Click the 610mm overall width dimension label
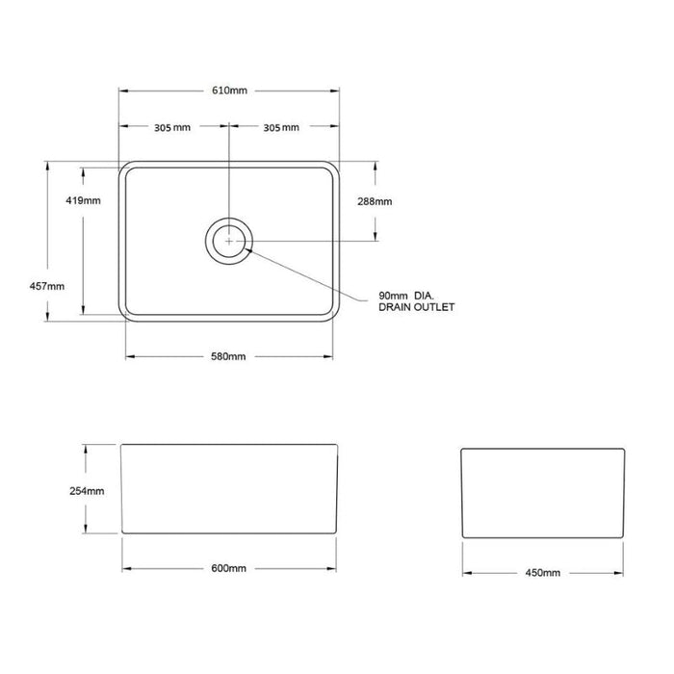pyautogui.click(x=229, y=91)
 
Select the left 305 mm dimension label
pyautogui.click(x=172, y=128)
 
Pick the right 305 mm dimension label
pyautogui.click(x=281, y=128)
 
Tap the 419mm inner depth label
pyautogui.click(x=83, y=200)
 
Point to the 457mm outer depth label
pyautogui.click(x=47, y=286)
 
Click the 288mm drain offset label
pyautogui.click(x=375, y=201)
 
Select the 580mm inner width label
pyautogui.click(x=228, y=356)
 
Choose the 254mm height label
pyautogui.click(x=87, y=491)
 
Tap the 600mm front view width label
pyautogui.click(x=229, y=568)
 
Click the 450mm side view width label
pyautogui.click(x=542, y=573)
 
